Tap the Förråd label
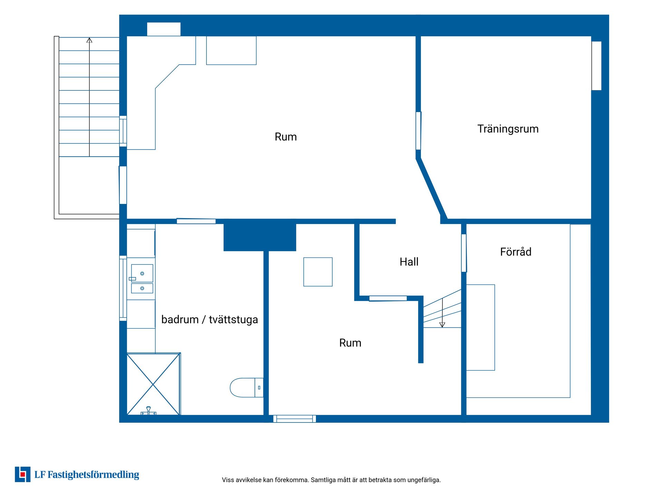[x=516, y=252]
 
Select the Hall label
[x=409, y=262]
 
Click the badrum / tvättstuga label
[x=210, y=320]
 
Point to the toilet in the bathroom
[x=247, y=388]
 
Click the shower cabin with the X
[x=153, y=384]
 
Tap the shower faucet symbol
[x=148, y=411]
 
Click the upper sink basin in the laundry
[x=142, y=273]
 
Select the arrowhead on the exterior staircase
[x=89, y=40]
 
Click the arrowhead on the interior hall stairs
[x=442, y=325]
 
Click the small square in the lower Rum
[x=318, y=272]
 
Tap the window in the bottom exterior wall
[x=295, y=419]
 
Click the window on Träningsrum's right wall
[x=596, y=66]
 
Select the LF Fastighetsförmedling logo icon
[x=22, y=474]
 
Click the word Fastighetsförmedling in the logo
[x=93, y=475]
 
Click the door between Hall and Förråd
[x=464, y=253]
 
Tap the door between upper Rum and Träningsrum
[x=419, y=131]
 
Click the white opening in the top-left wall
[x=164, y=29]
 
